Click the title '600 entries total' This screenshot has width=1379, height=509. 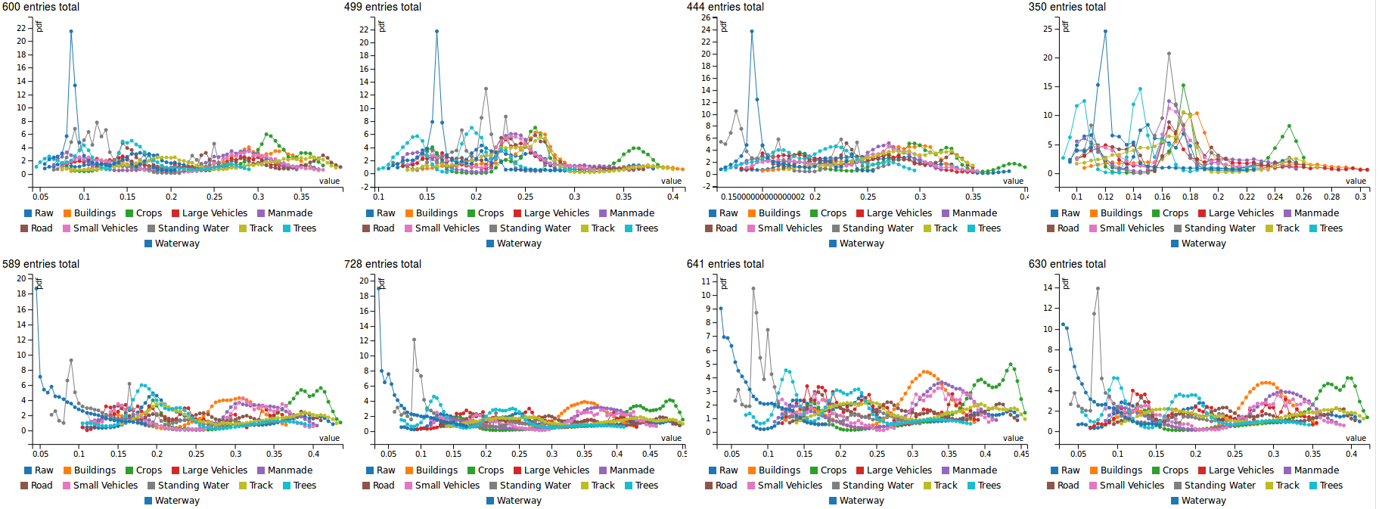pos(41,7)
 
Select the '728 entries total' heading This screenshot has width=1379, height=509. pos(383,264)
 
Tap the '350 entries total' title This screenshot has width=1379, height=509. pos(1067,7)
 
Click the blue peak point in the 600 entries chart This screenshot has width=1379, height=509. pos(71,31)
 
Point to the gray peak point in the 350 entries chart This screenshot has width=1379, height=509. pos(1169,54)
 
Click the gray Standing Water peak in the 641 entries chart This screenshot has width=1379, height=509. pos(753,288)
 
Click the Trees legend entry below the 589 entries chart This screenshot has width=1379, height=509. pos(300,486)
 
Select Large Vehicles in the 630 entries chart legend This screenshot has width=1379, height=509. pos(1236,470)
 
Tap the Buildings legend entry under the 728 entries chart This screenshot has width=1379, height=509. pos(431,470)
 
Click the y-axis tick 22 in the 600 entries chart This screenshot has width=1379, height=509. pos(21,28)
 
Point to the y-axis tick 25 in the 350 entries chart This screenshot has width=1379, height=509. pos(1048,29)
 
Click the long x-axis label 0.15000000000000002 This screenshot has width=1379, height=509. pos(762,197)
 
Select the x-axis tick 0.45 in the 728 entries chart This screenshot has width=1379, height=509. pos(650,454)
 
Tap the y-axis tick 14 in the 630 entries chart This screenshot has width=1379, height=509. pos(1048,287)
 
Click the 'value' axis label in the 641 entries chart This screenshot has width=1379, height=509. pos(1013,438)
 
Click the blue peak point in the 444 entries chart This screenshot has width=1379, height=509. pos(752,31)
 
